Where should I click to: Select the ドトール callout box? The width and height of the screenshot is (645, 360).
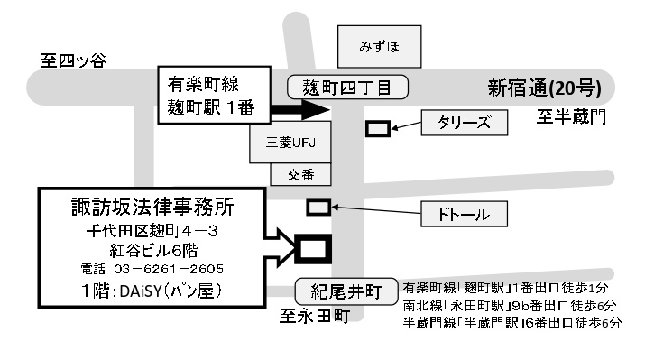[x=466, y=215]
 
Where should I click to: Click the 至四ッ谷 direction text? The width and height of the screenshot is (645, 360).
[x=73, y=60]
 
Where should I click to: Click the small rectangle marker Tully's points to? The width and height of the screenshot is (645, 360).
[x=378, y=129]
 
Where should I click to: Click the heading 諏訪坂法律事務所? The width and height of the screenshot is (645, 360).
[x=152, y=207]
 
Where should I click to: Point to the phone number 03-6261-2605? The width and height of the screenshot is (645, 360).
[x=152, y=269]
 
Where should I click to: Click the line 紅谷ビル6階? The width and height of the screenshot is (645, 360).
[x=152, y=250]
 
